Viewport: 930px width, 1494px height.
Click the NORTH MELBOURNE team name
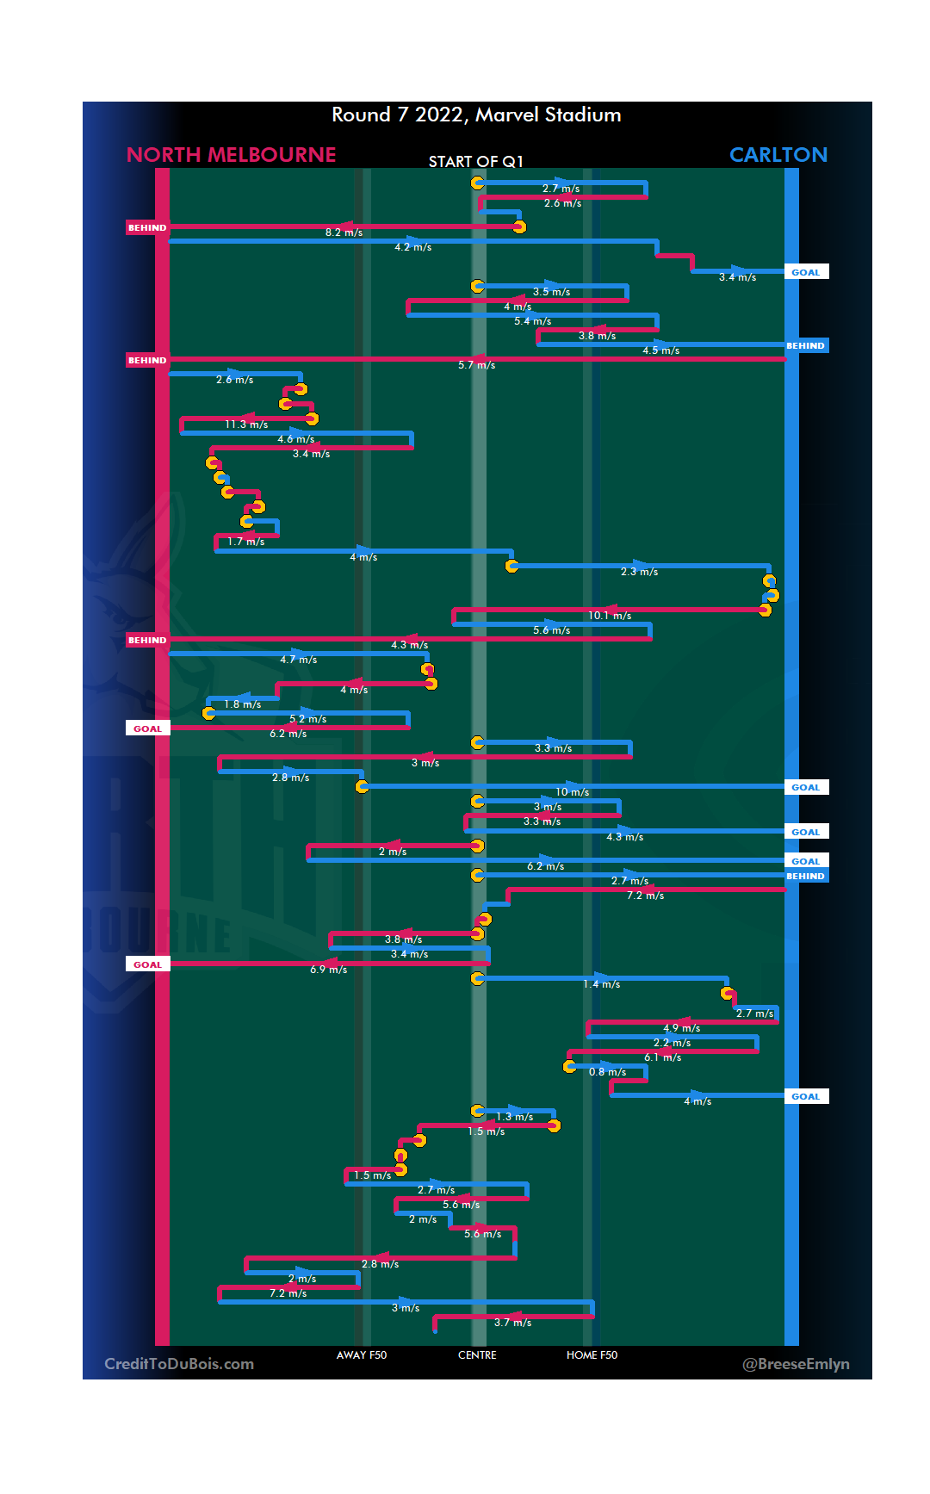pos(231,155)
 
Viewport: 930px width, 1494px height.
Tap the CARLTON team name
pos(778,155)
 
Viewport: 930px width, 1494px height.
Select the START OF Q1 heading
pos(475,162)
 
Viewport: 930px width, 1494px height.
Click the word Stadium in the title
pos(582,115)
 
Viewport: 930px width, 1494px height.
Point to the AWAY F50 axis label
pos(362,1355)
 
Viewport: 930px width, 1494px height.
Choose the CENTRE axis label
pos(477,1355)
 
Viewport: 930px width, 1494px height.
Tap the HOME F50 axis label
pos(592,1355)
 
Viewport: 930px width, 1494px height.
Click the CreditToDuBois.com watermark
pos(179,1364)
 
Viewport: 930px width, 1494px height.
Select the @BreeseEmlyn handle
pos(796,1364)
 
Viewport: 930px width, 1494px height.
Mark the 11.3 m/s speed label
pos(246,425)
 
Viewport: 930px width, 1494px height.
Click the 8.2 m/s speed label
pos(344,232)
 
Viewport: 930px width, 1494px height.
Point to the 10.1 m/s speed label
pos(610,616)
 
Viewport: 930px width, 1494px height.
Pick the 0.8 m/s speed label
pos(607,1072)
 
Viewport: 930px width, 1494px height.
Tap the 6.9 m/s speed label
pos(328,970)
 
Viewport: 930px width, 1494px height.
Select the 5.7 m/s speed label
pos(476,365)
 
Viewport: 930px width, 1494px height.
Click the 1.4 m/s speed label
pos(601,984)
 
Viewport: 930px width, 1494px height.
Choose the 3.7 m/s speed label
pos(512,1323)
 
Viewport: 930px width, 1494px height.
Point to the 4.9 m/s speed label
pos(681,1028)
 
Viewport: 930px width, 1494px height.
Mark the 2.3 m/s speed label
pos(639,572)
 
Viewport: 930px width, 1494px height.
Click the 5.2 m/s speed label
pos(307,719)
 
